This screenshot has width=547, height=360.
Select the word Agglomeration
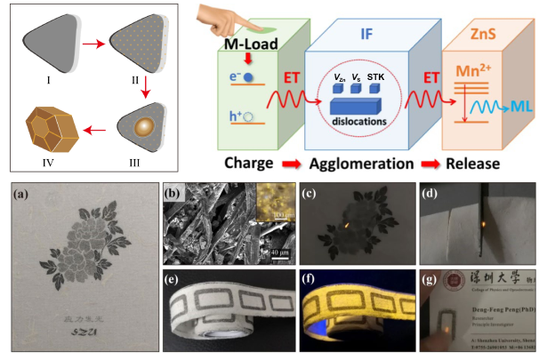(364, 164)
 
